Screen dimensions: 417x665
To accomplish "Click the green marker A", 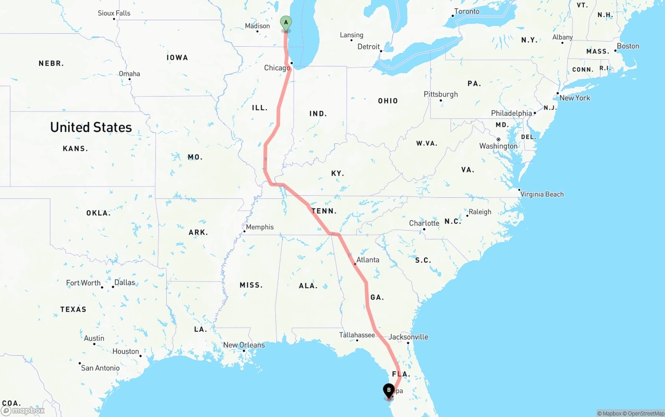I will [286, 23].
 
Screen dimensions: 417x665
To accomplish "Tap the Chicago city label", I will [277, 68].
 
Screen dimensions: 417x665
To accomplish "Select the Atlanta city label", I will [368, 260].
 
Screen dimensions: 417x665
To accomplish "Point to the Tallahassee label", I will [357, 335].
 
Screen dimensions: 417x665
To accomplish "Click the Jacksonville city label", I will [408, 337].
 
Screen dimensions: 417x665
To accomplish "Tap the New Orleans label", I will [244, 345].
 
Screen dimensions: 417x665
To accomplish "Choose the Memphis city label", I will [260, 227].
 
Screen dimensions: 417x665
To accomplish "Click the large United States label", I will [91, 127].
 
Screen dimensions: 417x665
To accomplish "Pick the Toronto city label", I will [467, 11].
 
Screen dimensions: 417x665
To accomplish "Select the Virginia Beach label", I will [542, 194].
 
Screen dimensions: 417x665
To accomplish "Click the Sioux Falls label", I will [114, 13].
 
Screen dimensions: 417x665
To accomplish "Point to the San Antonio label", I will [100, 368].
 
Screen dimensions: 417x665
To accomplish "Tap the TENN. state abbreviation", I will [324, 211].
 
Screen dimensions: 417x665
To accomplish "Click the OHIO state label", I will [388, 101].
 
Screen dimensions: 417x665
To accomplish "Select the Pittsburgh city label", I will [441, 94].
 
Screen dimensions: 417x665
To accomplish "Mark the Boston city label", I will [628, 46].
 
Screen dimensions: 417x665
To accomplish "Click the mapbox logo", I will [23, 410].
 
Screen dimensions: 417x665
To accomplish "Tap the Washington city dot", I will [498, 139].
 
